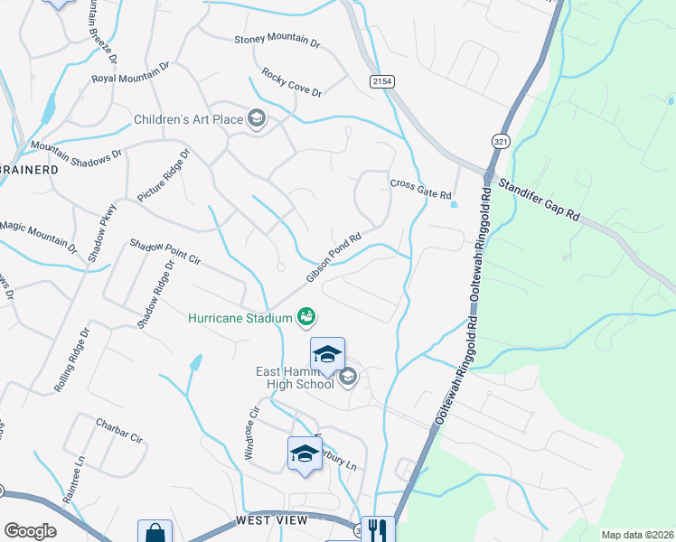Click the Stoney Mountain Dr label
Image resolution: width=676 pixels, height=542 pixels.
[x=277, y=41]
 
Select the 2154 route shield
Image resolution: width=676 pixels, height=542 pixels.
[x=382, y=81]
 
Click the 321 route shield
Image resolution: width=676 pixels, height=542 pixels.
[x=500, y=141]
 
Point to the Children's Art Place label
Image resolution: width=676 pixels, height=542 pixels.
[x=189, y=119]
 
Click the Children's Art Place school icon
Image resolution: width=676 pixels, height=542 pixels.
[x=257, y=119]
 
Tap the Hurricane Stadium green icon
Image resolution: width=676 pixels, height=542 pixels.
[x=306, y=317]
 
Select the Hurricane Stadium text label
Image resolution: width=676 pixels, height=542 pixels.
[x=239, y=318]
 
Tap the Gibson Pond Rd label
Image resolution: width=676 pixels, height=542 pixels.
[x=333, y=257]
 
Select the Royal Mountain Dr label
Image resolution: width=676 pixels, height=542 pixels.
[x=131, y=72]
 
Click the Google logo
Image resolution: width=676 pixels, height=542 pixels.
[x=30, y=531]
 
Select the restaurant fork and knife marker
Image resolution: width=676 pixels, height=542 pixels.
[x=375, y=530]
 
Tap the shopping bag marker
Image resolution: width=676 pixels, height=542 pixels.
[x=155, y=533]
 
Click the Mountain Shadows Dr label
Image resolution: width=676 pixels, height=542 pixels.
[x=76, y=150]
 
